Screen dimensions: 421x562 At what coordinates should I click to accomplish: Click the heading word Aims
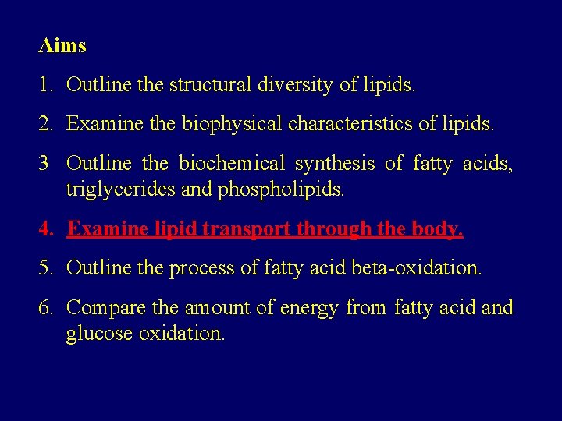pos(62,45)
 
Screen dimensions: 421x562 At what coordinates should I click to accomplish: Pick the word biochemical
pos(232,164)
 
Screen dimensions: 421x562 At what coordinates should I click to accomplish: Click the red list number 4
pos(45,229)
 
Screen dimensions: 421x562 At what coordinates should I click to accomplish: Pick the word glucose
pos(98,334)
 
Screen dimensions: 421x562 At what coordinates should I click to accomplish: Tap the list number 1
pos(44,85)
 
